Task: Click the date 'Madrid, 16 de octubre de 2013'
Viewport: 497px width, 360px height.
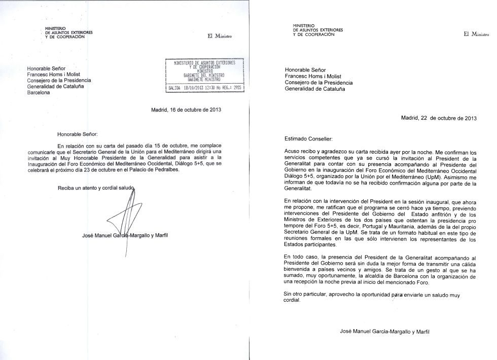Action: click(x=187, y=110)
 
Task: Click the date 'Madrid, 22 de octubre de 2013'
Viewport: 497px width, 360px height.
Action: click(x=439, y=118)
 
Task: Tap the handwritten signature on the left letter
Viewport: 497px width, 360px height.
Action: click(x=124, y=221)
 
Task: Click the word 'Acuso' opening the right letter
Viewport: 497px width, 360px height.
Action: click(x=293, y=151)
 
